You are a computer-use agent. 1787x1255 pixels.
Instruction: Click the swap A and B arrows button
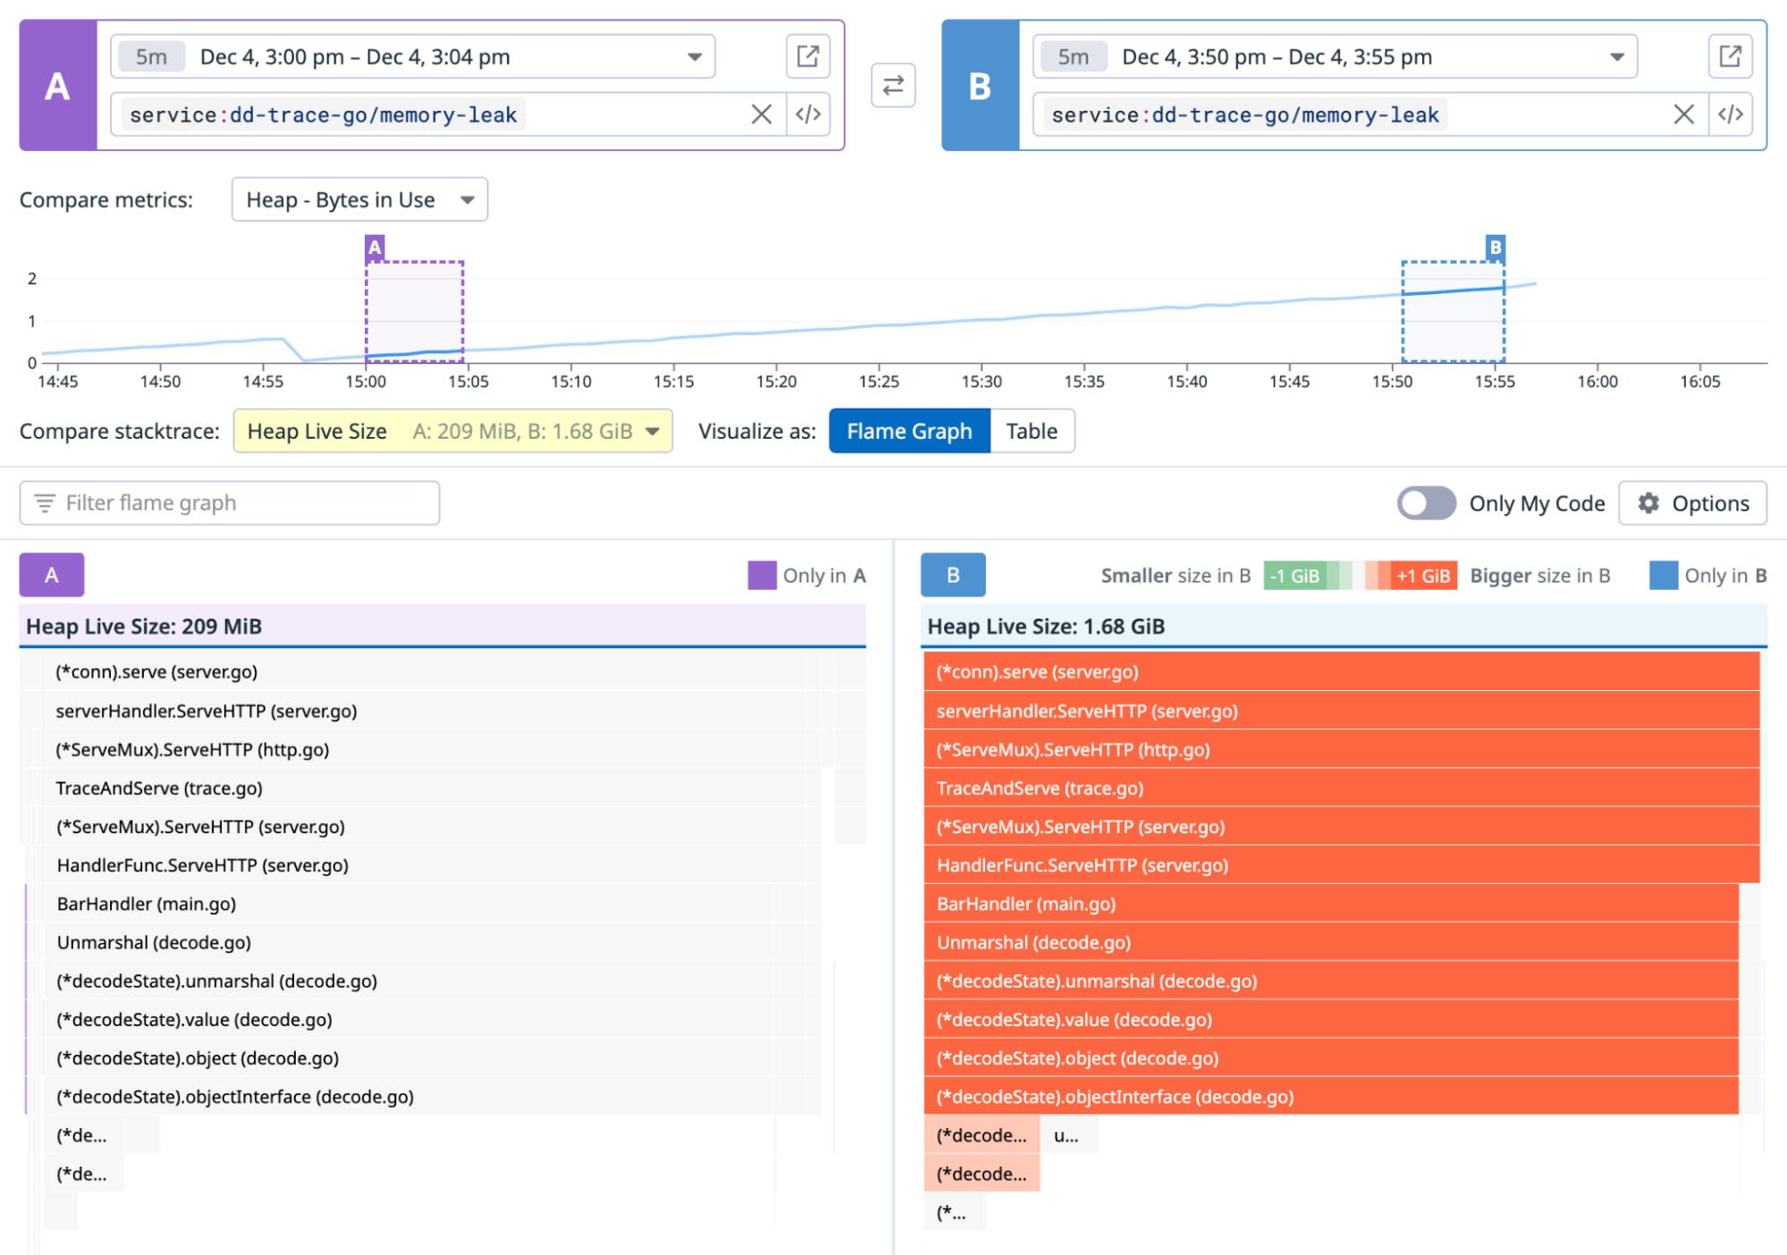(x=892, y=86)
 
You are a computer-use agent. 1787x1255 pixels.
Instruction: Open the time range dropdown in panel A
(x=694, y=57)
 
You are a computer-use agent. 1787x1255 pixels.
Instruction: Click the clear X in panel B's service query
(x=1682, y=114)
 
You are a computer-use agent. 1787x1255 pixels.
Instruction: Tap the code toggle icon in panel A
(x=808, y=114)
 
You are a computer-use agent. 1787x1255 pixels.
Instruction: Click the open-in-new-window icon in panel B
(x=1729, y=57)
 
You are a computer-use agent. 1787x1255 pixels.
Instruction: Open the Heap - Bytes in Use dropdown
(x=359, y=200)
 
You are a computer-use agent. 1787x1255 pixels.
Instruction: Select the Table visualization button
(x=1031, y=432)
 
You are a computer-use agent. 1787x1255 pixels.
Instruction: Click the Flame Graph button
(x=908, y=432)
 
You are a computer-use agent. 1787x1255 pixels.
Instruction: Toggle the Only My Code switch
(x=1426, y=503)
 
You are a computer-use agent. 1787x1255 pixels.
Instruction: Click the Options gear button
(x=1692, y=503)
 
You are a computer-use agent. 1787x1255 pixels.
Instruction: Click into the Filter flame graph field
(x=230, y=503)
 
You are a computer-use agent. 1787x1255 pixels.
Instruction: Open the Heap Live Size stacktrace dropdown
(x=452, y=432)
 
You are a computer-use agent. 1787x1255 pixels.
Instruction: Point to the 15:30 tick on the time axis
(x=981, y=382)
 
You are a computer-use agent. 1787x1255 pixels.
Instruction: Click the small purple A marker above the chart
(x=375, y=248)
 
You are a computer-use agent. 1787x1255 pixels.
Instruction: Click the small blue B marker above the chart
(x=1495, y=248)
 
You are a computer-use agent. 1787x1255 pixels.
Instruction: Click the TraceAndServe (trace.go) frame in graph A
(x=159, y=788)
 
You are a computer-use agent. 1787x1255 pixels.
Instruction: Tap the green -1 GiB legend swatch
(x=1294, y=577)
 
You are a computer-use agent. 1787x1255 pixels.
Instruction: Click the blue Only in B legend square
(x=1663, y=576)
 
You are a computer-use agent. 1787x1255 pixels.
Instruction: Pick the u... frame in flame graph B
(x=1068, y=1136)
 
